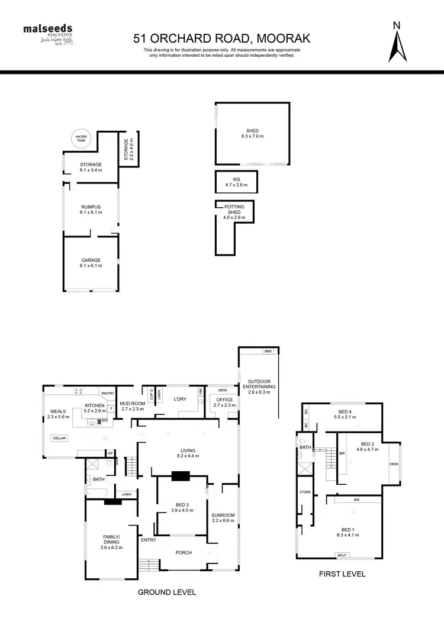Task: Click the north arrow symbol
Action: click(397, 43)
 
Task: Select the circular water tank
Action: click(81, 139)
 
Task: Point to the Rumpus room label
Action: click(91, 209)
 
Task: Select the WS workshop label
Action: click(236, 182)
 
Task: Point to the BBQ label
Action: click(268, 352)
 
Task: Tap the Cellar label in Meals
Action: click(59, 438)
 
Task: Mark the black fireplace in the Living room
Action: click(180, 475)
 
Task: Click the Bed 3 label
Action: click(182, 507)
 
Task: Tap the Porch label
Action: click(184, 553)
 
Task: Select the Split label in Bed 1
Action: click(342, 555)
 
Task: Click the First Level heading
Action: click(342, 574)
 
